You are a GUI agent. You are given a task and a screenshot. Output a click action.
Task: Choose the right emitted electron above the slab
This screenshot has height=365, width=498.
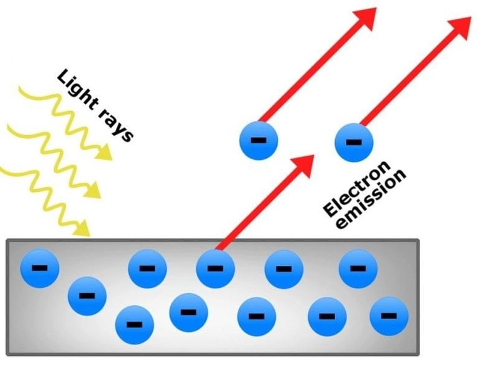[354, 142]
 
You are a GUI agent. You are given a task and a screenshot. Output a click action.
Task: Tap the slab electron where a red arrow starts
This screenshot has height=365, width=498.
[215, 268]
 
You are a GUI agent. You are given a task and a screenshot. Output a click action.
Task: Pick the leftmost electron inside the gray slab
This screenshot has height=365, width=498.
[39, 268]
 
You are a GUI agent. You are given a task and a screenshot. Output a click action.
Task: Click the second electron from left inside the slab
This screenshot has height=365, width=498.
[87, 296]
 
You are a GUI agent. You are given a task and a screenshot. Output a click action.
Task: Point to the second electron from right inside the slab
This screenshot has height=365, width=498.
[358, 268]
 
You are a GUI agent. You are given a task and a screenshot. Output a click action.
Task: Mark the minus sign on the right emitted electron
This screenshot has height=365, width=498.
[354, 142]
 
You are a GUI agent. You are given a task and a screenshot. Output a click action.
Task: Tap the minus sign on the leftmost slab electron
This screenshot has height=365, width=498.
[39, 268]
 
